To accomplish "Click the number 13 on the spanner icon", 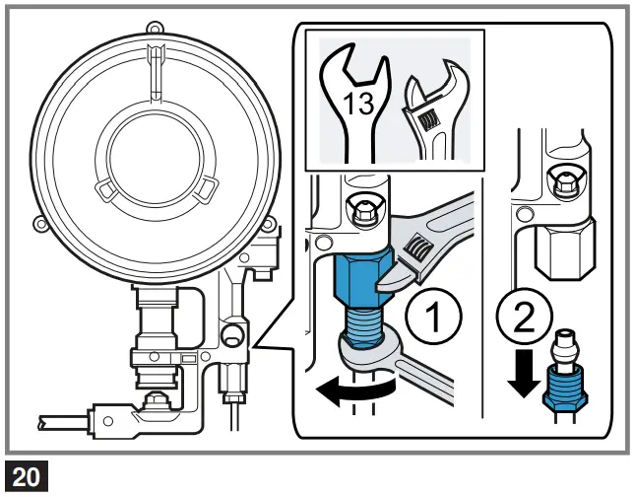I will (x=358, y=103).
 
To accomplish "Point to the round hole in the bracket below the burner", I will (x=233, y=336).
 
